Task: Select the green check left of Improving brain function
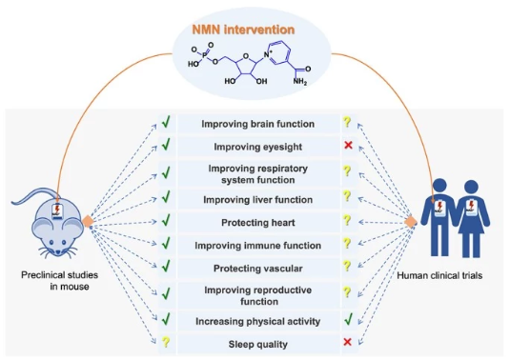pos(166,123)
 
